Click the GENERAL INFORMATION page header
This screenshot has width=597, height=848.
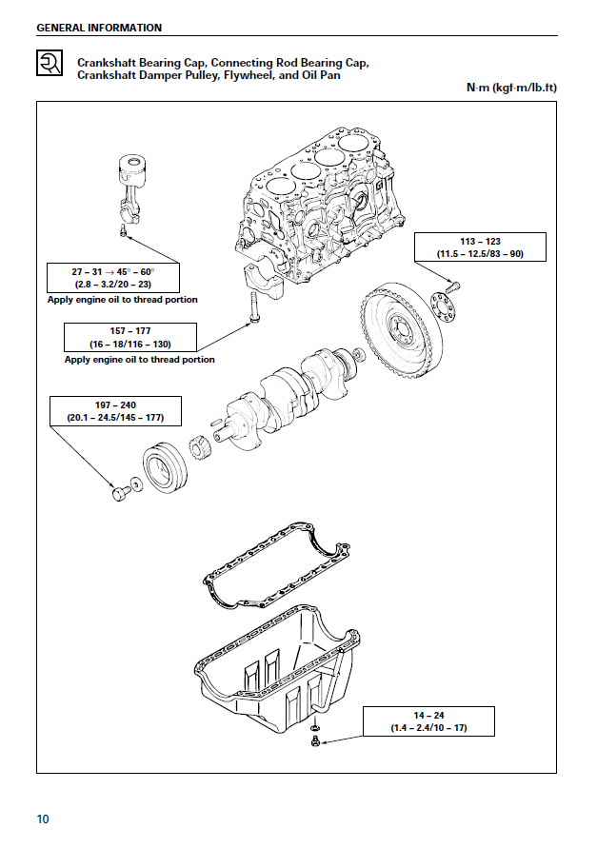(99, 28)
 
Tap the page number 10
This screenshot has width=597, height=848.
(43, 818)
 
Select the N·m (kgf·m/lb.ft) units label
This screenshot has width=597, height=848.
(511, 88)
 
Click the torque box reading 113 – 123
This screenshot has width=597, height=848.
(479, 247)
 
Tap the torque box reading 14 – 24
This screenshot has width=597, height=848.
(428, 720)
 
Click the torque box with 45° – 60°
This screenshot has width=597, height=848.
(113, 277)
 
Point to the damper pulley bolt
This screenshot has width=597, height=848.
(119, 492)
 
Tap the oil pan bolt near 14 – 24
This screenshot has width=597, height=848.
(314, 740)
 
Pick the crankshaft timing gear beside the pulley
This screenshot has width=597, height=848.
(202, 448)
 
